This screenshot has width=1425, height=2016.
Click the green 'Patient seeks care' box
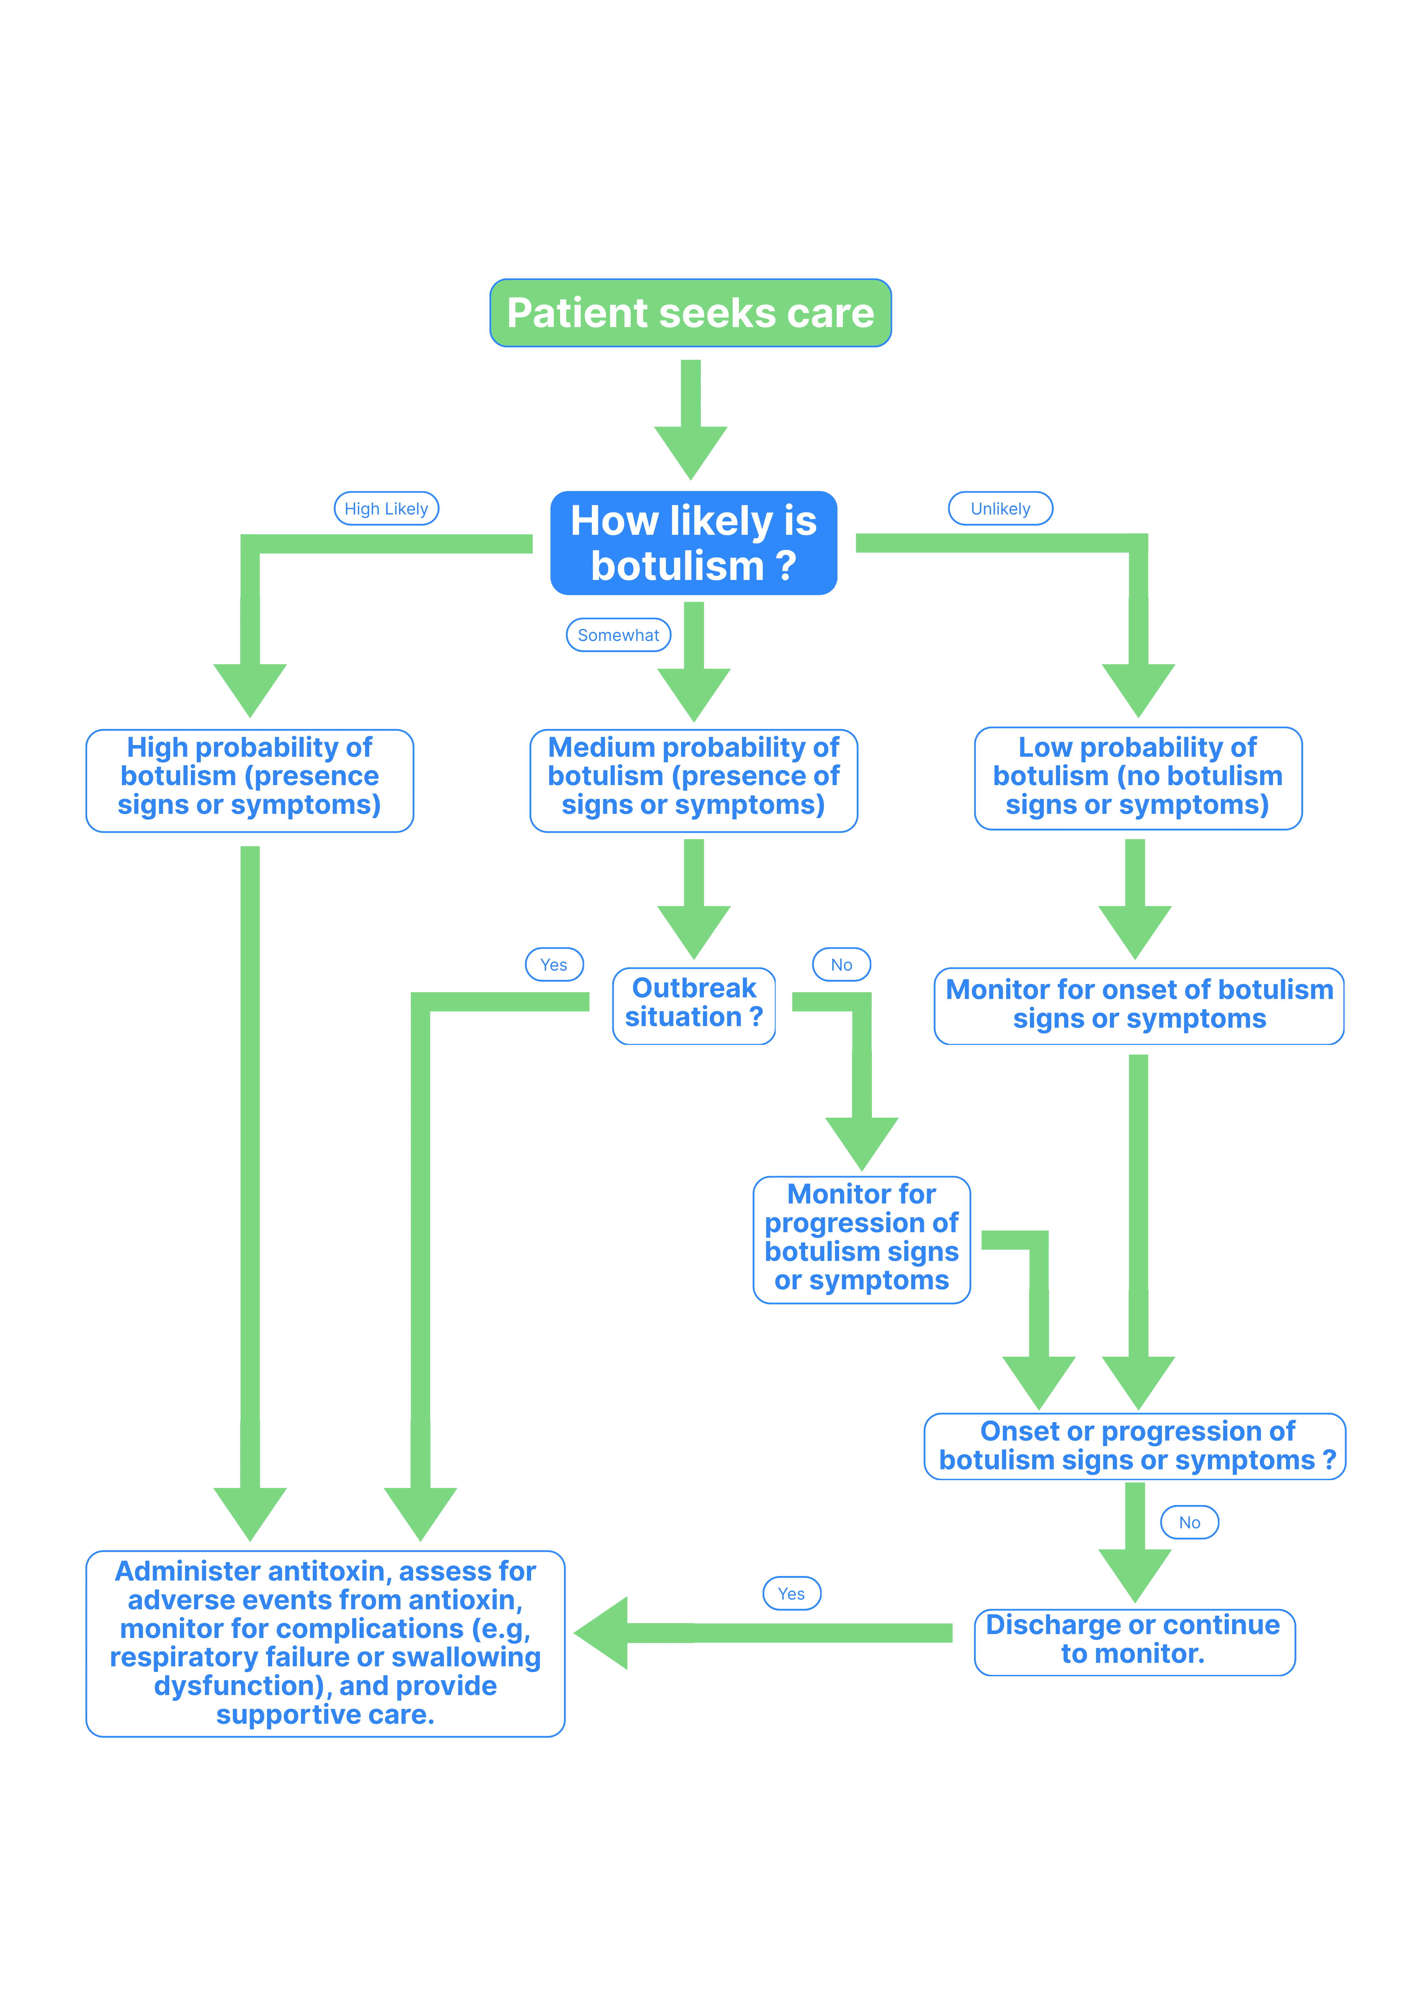[690, 313]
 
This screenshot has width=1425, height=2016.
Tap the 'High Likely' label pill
[386, 508]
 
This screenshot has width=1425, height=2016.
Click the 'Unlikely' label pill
[1000, 508]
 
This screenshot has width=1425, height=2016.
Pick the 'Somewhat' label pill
[618, 635]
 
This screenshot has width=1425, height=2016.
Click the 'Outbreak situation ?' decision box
[694, 1005]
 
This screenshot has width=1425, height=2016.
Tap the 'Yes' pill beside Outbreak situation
[554, 964]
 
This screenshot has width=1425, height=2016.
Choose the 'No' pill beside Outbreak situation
[841, 964]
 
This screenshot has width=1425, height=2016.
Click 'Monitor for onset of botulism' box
[1139, 1005]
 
